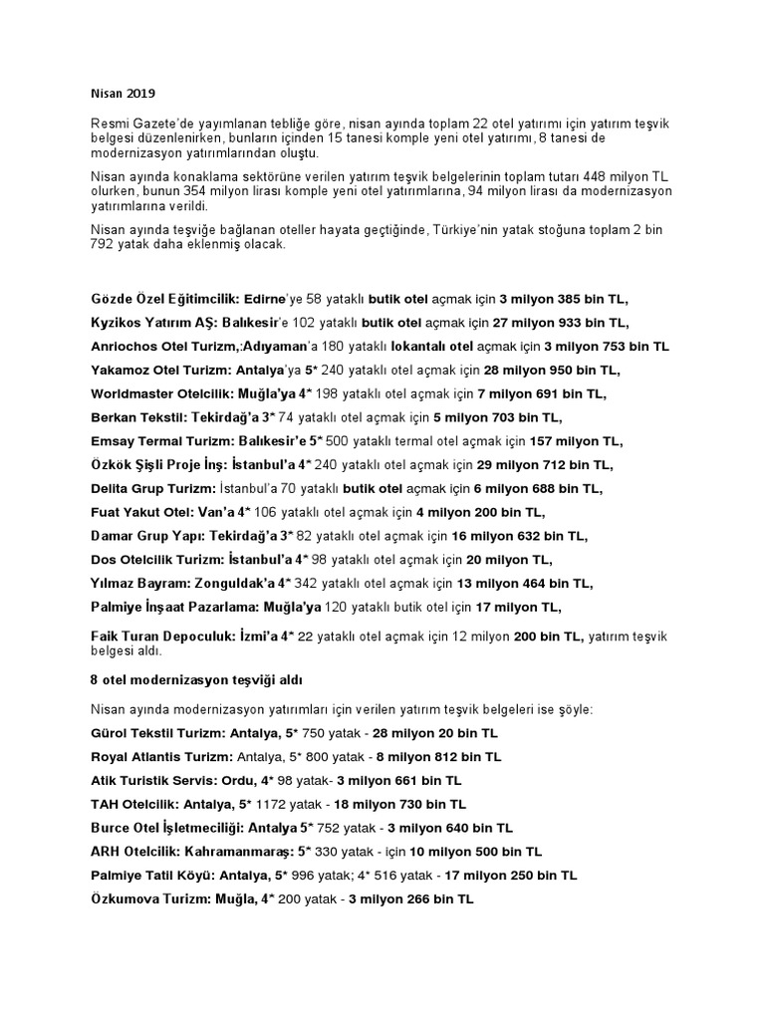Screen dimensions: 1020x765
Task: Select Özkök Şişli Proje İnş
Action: pos(156,465)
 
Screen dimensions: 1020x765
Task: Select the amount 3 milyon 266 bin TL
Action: pos(410,899)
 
